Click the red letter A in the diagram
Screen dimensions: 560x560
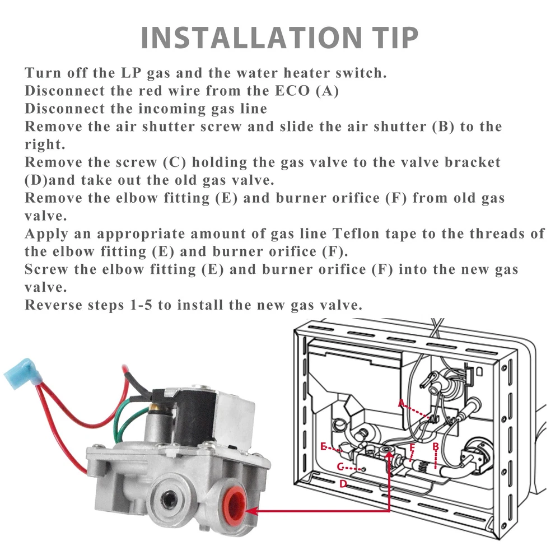(402, 403)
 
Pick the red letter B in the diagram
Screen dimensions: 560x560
(435, 446)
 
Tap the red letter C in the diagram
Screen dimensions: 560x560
(340, 467)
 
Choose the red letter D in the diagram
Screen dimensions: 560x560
(343, 484)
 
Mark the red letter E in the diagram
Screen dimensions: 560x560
(323, 446)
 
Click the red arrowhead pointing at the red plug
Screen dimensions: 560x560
(251, 511)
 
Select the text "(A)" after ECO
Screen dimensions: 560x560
(327, 91)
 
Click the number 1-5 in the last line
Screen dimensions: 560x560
(141, 305)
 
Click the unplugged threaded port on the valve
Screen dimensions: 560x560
(167, 500)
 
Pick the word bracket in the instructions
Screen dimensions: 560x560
(473, 162)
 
